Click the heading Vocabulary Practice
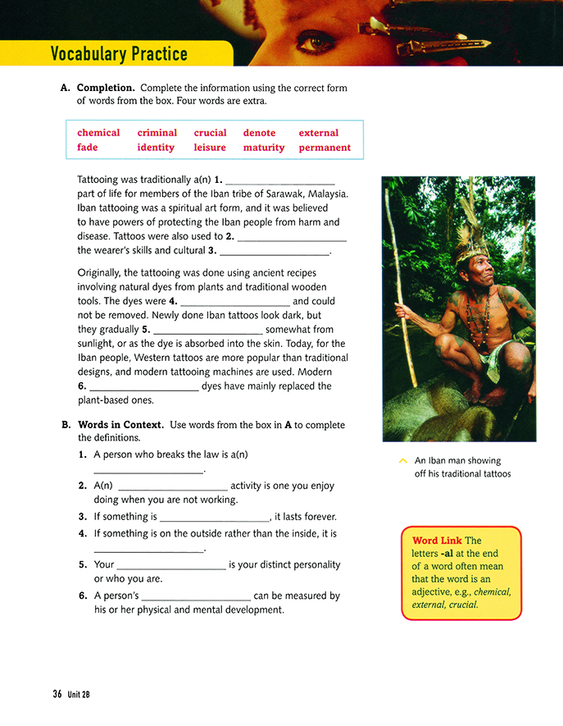tap(119, 55)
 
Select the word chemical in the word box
tap(98, 133)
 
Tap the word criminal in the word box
tap(157, 133)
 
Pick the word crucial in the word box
tap(210, 133)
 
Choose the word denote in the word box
tap(259, 133)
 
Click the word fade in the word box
tap(88, 148)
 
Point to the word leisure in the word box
tap(210, 148)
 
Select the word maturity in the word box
tap(264, 148)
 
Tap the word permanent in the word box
tap(325, 148)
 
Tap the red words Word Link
tap(436, 541)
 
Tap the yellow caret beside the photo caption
tap(402, 461)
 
